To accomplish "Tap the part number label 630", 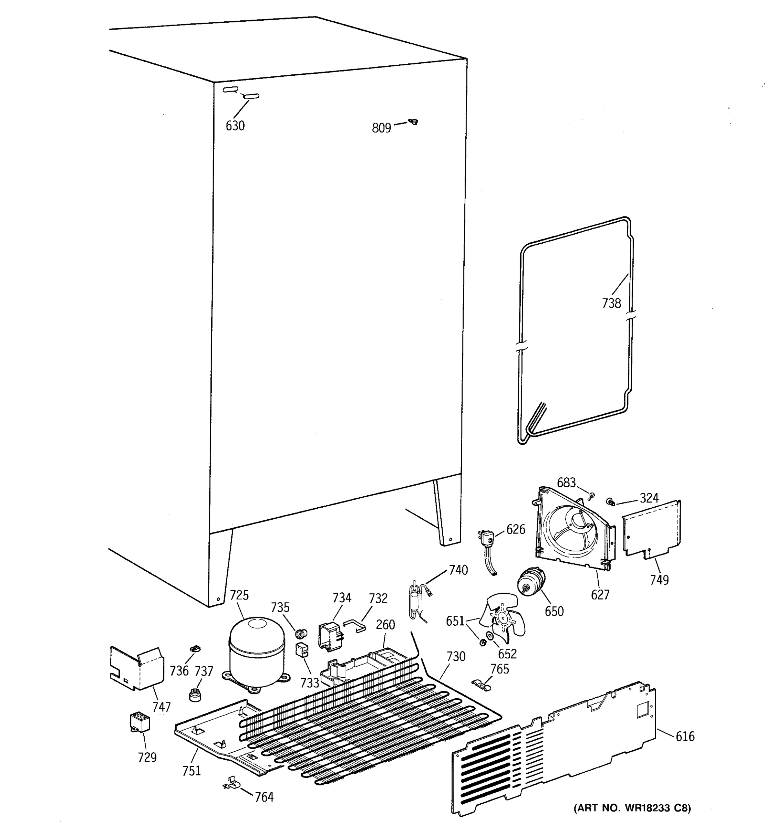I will point(235,126).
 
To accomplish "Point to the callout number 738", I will point(611,303).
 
